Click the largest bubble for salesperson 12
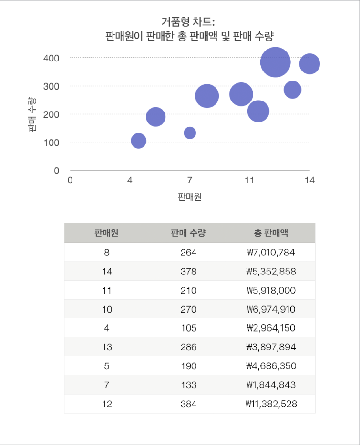275,62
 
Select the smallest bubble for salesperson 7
190,132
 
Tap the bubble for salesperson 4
138,141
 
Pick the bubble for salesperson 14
309,64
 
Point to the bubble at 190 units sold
155,116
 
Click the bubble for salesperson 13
292,90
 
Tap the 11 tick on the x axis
249,181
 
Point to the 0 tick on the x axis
71,181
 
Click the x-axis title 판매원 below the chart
189,196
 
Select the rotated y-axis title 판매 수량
32,114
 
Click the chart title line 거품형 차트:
189,21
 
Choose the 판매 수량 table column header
188,233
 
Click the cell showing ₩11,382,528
271,404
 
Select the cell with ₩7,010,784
271,252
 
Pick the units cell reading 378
188,271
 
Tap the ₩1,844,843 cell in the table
271,385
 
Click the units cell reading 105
188,328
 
